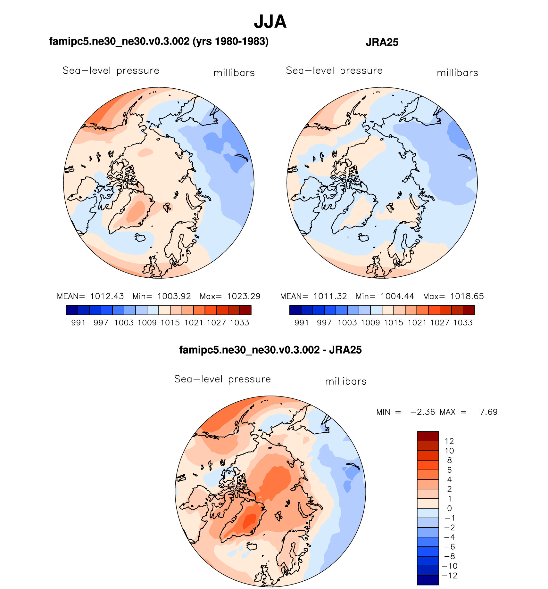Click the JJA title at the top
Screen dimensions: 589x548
point(270,22)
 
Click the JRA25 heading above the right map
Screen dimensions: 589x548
point(382,42)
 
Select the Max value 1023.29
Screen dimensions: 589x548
point(244,296)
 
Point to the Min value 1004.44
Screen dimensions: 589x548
point(397,296)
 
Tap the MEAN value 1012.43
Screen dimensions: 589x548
point(107,296)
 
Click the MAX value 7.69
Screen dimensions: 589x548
point(488,412)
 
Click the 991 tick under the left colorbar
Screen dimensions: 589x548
point(78,323)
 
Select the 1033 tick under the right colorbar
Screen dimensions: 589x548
point(463,323)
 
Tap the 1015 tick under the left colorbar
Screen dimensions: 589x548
point(170,323)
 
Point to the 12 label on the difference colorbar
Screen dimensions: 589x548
point(449,441)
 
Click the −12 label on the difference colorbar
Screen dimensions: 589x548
point(449,576)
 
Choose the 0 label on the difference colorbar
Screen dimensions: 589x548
point(449,508)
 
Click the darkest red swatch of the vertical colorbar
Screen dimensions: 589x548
point(428,436)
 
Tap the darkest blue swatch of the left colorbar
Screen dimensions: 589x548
point(72,310)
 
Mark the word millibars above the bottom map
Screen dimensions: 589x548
point(345,381)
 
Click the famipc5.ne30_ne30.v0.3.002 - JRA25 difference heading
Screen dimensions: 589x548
point(270,350)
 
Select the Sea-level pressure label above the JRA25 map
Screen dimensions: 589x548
point(334,70)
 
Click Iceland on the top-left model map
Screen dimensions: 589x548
point(140,238)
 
